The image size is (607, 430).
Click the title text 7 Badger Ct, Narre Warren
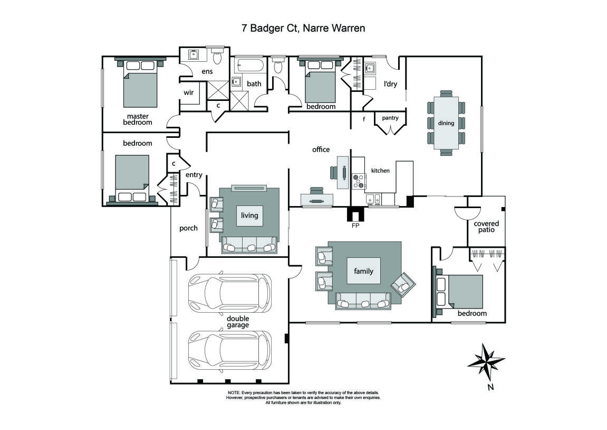(303, 28)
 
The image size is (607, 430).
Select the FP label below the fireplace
(355, 224)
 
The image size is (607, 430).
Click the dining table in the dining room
(446, 123)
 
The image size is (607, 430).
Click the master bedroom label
(137, 119)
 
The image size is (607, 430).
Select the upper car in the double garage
(229, 293)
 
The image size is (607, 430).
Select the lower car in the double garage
(229, 350)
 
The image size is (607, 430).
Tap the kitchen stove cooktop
(359, 181)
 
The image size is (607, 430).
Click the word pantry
(390, 118)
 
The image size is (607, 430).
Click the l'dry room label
(390, 84)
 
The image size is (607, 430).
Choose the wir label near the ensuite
(188, 92)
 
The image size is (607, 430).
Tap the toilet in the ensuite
(216, 55)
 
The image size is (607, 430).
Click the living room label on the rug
(249, 215)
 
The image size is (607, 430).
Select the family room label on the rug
(363, 271)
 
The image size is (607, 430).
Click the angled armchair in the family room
(403, 285)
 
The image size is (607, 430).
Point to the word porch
(188, 228)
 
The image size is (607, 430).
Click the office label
(321, 149)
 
